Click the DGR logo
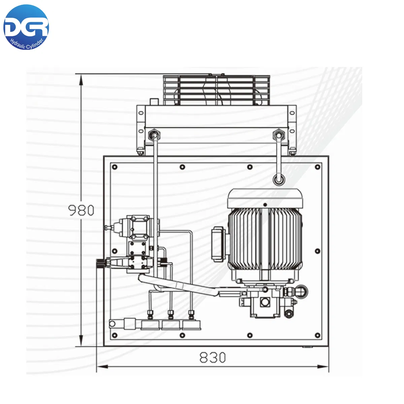pyautogui.click(x=26, y=27)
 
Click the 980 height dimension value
pyautogui.click(x=81, y=210)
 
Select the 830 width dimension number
pyautogui.click(x=212, y=358)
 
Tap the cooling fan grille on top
pyautogui.click(x=216, y=90)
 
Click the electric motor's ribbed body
pyautogui.click(x=265, y=239)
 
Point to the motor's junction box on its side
pyautogui.click(x=218, y=244)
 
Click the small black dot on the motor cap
pyautogui.click(x=265, y=205)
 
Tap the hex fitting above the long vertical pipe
pyautogui.click(x=154, y=135)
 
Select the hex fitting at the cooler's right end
pyautogui.click(x=278, y=135)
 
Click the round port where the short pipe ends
pyautogui.click(x=279, y=180)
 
